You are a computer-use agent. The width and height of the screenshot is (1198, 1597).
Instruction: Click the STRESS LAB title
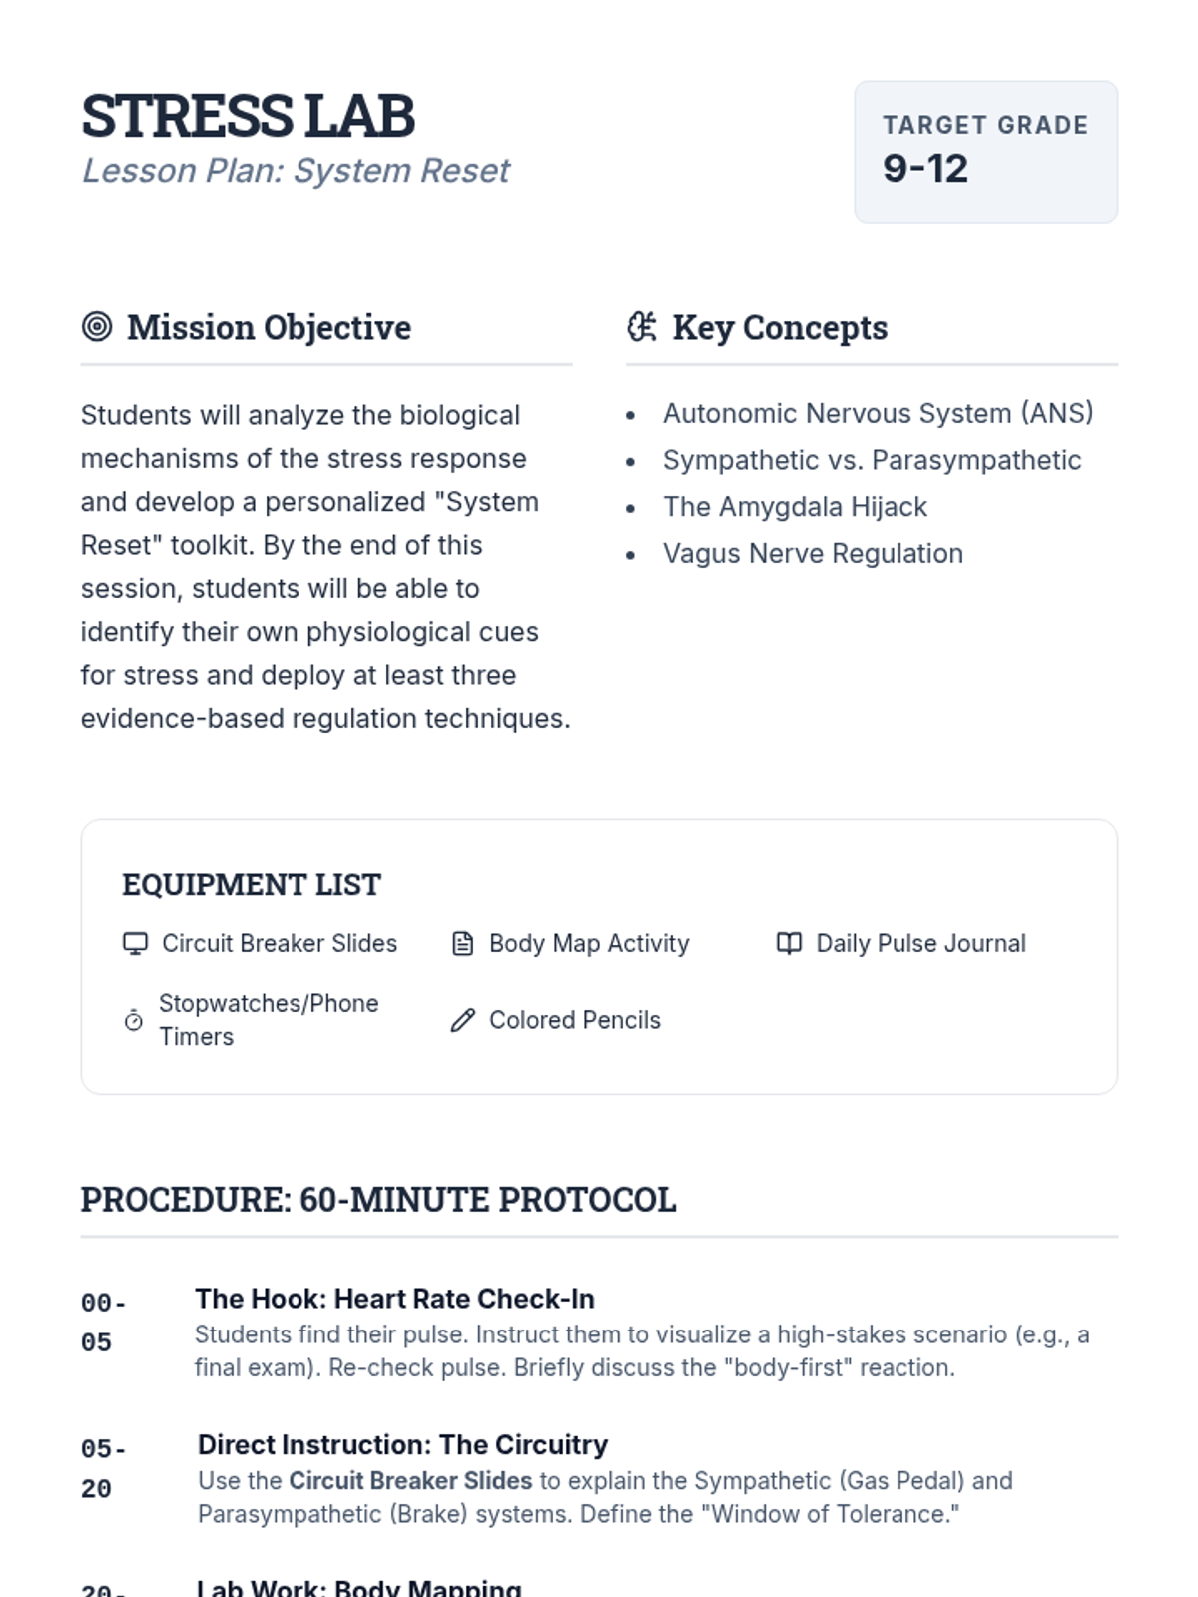click(248, 116)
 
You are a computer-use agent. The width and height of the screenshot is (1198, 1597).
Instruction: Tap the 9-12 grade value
click(924, 168)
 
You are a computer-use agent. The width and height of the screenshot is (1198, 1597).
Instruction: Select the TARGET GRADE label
click(984, 125)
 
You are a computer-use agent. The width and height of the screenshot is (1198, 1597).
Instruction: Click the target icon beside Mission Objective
click(97, 326)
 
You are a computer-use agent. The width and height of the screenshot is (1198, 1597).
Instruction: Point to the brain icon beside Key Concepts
click(642, 326)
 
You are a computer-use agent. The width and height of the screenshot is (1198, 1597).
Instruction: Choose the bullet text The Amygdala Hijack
click(795, 507)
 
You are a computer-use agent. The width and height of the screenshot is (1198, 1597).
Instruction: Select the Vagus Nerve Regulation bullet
click(813, 553)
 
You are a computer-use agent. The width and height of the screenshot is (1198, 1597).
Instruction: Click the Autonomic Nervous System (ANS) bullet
click(878, 413)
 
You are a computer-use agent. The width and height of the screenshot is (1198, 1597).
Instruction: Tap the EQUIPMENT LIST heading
click(251, 884)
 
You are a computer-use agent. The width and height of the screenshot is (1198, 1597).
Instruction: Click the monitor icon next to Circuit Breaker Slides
click(135, 943)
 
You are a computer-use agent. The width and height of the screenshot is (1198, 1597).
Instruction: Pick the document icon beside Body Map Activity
click(463, 943)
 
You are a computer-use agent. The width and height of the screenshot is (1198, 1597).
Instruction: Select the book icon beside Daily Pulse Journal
click(789, 943)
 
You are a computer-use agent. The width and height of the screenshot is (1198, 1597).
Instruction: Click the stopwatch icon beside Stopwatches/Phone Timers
click(134, 1020)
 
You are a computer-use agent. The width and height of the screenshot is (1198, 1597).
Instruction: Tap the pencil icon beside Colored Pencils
click(463, 1020)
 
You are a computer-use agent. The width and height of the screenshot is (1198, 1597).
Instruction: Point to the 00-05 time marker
click(102, 1323)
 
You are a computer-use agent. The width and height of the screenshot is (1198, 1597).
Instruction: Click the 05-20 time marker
click(102, 1468)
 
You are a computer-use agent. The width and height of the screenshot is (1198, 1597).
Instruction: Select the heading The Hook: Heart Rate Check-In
click(394, 1299)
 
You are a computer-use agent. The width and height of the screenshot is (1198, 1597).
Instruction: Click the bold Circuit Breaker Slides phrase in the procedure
click(410, 1480)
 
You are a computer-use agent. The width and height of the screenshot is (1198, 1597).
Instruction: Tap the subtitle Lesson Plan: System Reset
click(296, 171)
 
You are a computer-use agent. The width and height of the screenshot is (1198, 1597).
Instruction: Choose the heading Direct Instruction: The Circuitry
click(402, 1444)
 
